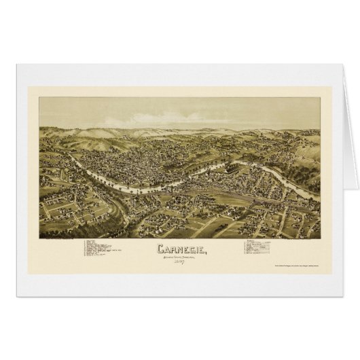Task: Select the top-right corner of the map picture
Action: coord(319,98)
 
